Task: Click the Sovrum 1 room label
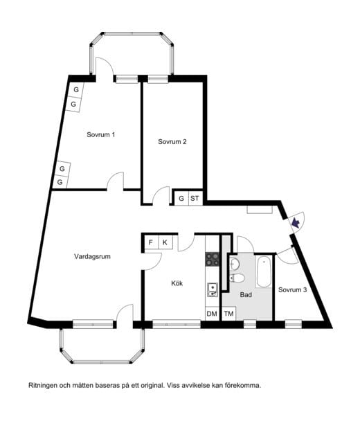(100, 134)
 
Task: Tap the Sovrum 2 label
(172, 142)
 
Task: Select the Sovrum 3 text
(292, 290)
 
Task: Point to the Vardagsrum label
(92, 257)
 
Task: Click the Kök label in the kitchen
(177, 283)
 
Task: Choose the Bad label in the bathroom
(246, 295)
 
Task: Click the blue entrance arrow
(296, 222)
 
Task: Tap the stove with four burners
(213, 259)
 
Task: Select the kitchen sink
(213, 290)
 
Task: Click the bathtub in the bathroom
(264, 271)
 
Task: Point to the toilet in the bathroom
(237, 278)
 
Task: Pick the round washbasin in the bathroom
(235, 264)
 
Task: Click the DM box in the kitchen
(212, 314)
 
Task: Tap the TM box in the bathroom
(228, 314)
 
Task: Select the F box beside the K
(151, 243)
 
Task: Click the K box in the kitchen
(165, 243)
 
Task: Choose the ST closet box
(195, 199)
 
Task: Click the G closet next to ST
(181, 199)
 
